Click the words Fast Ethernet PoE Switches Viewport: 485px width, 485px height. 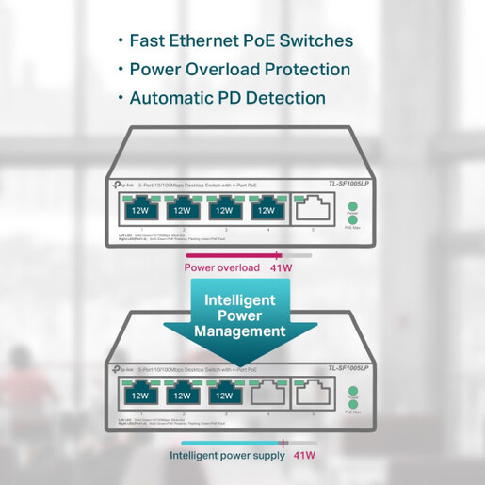point(241,41)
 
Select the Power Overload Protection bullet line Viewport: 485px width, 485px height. point(239,70)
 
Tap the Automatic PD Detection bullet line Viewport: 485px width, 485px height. point(227,98)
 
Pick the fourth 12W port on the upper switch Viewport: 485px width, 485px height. point(267,210)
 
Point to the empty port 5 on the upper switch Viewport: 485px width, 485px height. point(313,210)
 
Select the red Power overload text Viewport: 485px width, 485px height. point(221,268)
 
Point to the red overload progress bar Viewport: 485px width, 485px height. point(232,255)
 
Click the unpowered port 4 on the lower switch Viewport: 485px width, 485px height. point(267,396)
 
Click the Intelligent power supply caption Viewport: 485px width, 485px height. point(226,456)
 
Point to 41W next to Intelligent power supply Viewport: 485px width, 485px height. point(305,456)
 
